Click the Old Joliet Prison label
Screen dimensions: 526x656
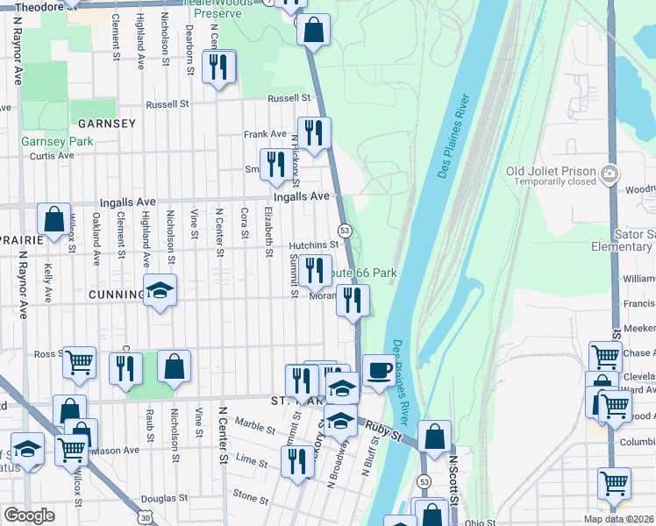pos(551,170)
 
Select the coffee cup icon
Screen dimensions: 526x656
pos(378,371)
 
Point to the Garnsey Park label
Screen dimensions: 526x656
pos(57,141)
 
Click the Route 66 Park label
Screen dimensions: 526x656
pos(362,274)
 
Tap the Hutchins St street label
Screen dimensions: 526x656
pos(314,245)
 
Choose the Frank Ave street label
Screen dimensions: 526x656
pos(265,134)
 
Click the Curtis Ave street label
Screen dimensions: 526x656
pos(52,156)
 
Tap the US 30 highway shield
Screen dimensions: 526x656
pos(146,518)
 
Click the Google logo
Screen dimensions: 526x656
pos(29,515)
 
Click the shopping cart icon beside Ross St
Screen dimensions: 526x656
pos(79,362)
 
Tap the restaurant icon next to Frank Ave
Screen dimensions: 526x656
pos(313,132)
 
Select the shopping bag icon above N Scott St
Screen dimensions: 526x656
pos(434,436)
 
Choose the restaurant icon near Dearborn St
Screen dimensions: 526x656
pos(217,67)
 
